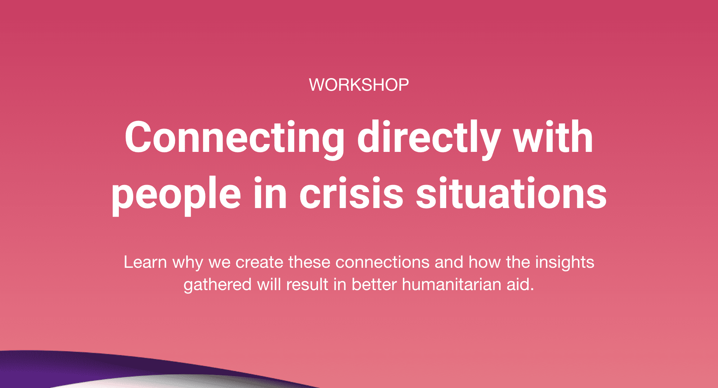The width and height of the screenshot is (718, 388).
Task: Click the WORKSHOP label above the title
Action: tap(359, 85)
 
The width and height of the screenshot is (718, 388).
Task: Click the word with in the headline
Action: tap(553, 137)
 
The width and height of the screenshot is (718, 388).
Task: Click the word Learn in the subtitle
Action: tap(145, 262)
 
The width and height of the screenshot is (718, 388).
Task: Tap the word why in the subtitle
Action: tap(188, 263)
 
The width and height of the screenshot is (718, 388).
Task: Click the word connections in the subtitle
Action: tap(382, 262)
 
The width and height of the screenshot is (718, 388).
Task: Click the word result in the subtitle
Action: tap(307, 284)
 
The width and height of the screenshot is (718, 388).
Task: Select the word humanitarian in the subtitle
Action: tap(452, 284)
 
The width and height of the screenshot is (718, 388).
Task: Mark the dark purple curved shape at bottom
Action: tap(108, 367)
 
